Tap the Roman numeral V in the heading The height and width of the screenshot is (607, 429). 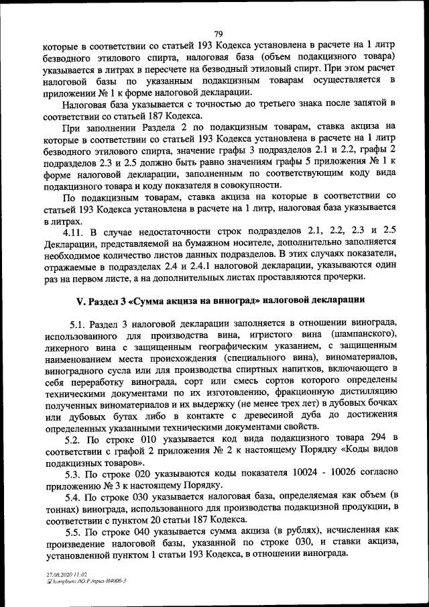75,298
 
